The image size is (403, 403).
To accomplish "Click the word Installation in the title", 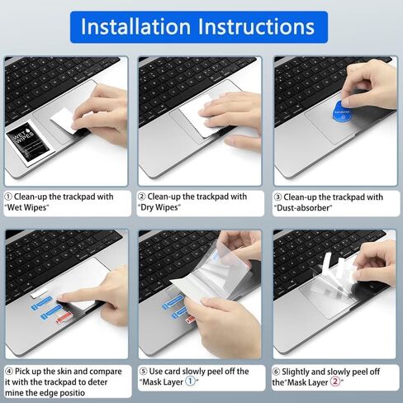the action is tap(135, 26).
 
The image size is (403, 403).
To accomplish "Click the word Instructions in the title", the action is tap(256, 26).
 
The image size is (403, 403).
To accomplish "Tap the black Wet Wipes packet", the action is tap(27, 143).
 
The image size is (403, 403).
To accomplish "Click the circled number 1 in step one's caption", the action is tap(8, 197).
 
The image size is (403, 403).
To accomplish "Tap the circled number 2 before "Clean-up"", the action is tap(141, 197).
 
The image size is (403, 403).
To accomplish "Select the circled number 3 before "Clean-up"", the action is tap(277, 197).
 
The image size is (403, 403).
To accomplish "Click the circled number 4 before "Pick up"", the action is tap(9, 372).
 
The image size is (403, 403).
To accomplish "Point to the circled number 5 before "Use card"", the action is tap(143, 372).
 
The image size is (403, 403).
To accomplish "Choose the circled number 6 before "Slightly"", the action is tap(276, 372).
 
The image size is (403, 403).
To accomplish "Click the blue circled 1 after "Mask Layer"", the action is tap(190, 382).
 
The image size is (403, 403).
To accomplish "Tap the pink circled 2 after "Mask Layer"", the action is tap(335, 382).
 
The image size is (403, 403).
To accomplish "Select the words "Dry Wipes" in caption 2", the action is tap(159, 207).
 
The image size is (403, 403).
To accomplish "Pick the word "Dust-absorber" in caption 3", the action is tap(303, 208).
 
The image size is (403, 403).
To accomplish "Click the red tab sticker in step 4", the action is tap(64, 318).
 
